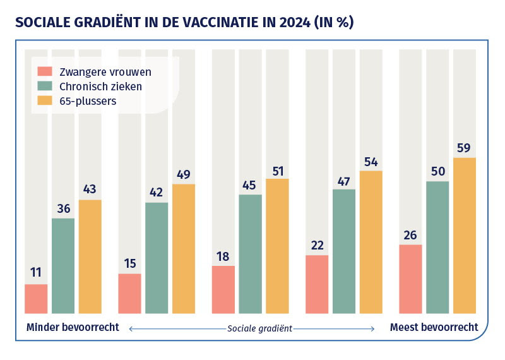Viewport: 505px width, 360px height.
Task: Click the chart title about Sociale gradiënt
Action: coord(184,23)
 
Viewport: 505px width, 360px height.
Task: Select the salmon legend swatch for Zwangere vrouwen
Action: coord(45,71)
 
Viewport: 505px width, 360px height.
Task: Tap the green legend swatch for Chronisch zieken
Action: coord(45,86)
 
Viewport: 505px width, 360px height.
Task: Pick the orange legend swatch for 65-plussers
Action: coord(45,100)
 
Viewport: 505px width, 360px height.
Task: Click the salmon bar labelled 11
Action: coord(36,299)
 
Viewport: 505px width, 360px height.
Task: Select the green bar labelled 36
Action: coord(63,265)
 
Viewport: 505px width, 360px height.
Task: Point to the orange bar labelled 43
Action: coord(90,256)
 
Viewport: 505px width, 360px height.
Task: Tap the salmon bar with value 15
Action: coord(129,293)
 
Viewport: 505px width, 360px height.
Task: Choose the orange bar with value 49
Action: coord(184,248)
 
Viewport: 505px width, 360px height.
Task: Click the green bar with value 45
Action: coord(251,253)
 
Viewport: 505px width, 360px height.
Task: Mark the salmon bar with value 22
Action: coord(317,284)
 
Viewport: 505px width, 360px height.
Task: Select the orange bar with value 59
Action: coord(465,235)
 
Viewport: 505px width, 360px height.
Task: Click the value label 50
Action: coord(437,172)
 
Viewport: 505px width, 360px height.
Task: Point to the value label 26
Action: coord(410,235)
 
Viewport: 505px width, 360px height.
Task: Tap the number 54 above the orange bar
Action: coord(371,162)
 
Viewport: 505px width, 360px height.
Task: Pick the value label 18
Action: coord(223,256)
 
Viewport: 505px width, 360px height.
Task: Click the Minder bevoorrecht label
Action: coord(73,328)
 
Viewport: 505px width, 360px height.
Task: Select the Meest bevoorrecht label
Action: coord(434,328)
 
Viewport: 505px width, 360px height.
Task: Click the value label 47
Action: coord(344,180)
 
